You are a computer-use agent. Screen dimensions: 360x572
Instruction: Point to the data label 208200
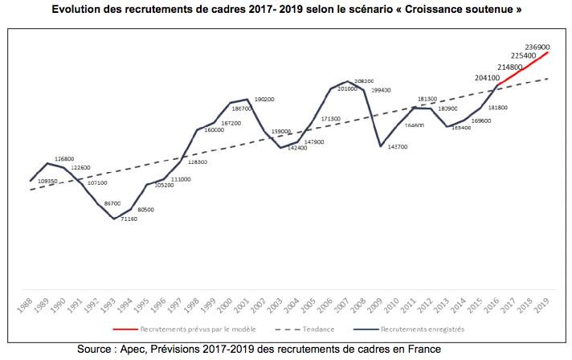click(364, 82)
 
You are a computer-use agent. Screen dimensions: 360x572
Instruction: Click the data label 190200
click(264, 100)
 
